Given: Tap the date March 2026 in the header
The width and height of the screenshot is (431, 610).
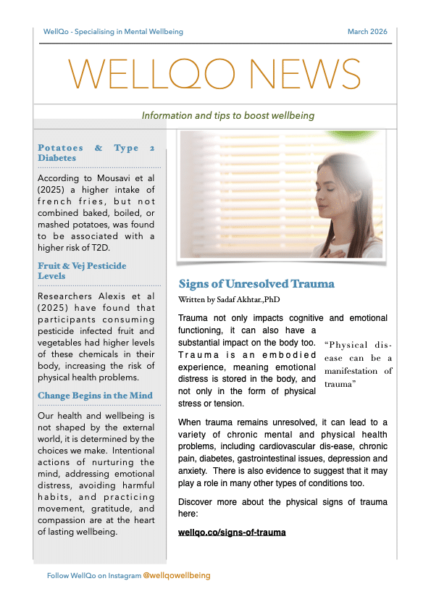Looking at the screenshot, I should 367,32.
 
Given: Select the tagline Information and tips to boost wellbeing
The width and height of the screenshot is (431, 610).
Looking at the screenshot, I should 228,116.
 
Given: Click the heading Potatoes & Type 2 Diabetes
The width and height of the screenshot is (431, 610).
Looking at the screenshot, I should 96,153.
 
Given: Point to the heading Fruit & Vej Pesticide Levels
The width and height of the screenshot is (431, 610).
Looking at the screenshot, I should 82,271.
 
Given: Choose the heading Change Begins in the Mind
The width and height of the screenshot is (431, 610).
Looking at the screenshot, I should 95,396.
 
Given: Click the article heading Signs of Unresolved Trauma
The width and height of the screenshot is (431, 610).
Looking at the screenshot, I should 256,284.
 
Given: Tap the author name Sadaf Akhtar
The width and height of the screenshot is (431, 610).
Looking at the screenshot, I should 247,298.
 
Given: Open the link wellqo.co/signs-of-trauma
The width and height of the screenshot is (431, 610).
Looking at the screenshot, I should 232,532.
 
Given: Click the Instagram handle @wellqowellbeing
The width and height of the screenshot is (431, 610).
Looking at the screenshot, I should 177,575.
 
